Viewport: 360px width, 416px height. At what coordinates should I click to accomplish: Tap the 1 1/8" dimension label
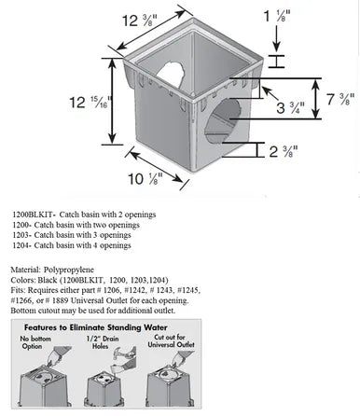277,16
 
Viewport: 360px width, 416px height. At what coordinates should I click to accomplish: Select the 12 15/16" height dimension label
90,102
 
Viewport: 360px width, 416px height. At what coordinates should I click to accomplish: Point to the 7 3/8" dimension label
340,99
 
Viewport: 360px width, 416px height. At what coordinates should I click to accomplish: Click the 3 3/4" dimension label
291,107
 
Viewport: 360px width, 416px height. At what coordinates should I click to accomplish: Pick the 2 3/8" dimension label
284,151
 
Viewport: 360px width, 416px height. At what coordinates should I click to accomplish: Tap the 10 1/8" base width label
145,179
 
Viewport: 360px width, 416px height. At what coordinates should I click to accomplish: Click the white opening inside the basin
170,75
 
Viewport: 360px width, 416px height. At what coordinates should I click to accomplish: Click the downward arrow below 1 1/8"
276,38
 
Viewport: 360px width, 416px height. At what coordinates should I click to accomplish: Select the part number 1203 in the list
21,235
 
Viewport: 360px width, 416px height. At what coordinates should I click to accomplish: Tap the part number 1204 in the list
21,245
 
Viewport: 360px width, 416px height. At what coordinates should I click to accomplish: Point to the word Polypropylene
69,270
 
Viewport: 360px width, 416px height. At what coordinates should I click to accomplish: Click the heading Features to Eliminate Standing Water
96,327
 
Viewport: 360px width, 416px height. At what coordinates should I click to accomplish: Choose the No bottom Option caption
35,342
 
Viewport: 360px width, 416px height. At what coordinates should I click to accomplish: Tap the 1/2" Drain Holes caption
103,342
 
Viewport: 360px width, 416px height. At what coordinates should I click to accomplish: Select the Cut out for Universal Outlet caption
171,340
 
